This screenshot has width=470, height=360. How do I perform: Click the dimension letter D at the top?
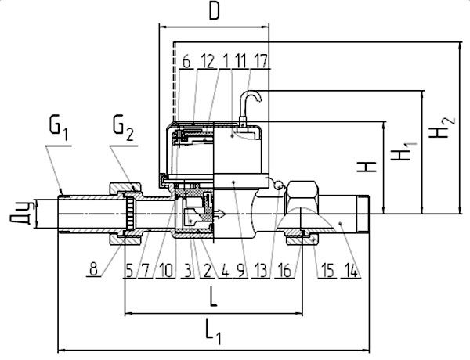click(215, 12)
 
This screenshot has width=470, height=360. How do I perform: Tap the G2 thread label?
click(123, 129)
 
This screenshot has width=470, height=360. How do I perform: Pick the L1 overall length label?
click(213, 332)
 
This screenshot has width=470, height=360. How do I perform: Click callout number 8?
click(93, 269)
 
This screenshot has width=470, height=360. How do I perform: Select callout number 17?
click(260, 61)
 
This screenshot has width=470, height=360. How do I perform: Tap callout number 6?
click(186, 62)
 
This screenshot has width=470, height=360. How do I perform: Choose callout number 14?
click(351, 271)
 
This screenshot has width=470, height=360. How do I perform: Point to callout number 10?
click(166, 271)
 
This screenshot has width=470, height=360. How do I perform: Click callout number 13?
click(260, 271)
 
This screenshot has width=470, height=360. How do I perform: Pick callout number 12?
click(208, 61)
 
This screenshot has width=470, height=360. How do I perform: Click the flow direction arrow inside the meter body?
click(219, 214)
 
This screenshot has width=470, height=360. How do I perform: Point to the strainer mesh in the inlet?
click(130, 213)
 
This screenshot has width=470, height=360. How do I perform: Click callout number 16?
click(284, 271)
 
